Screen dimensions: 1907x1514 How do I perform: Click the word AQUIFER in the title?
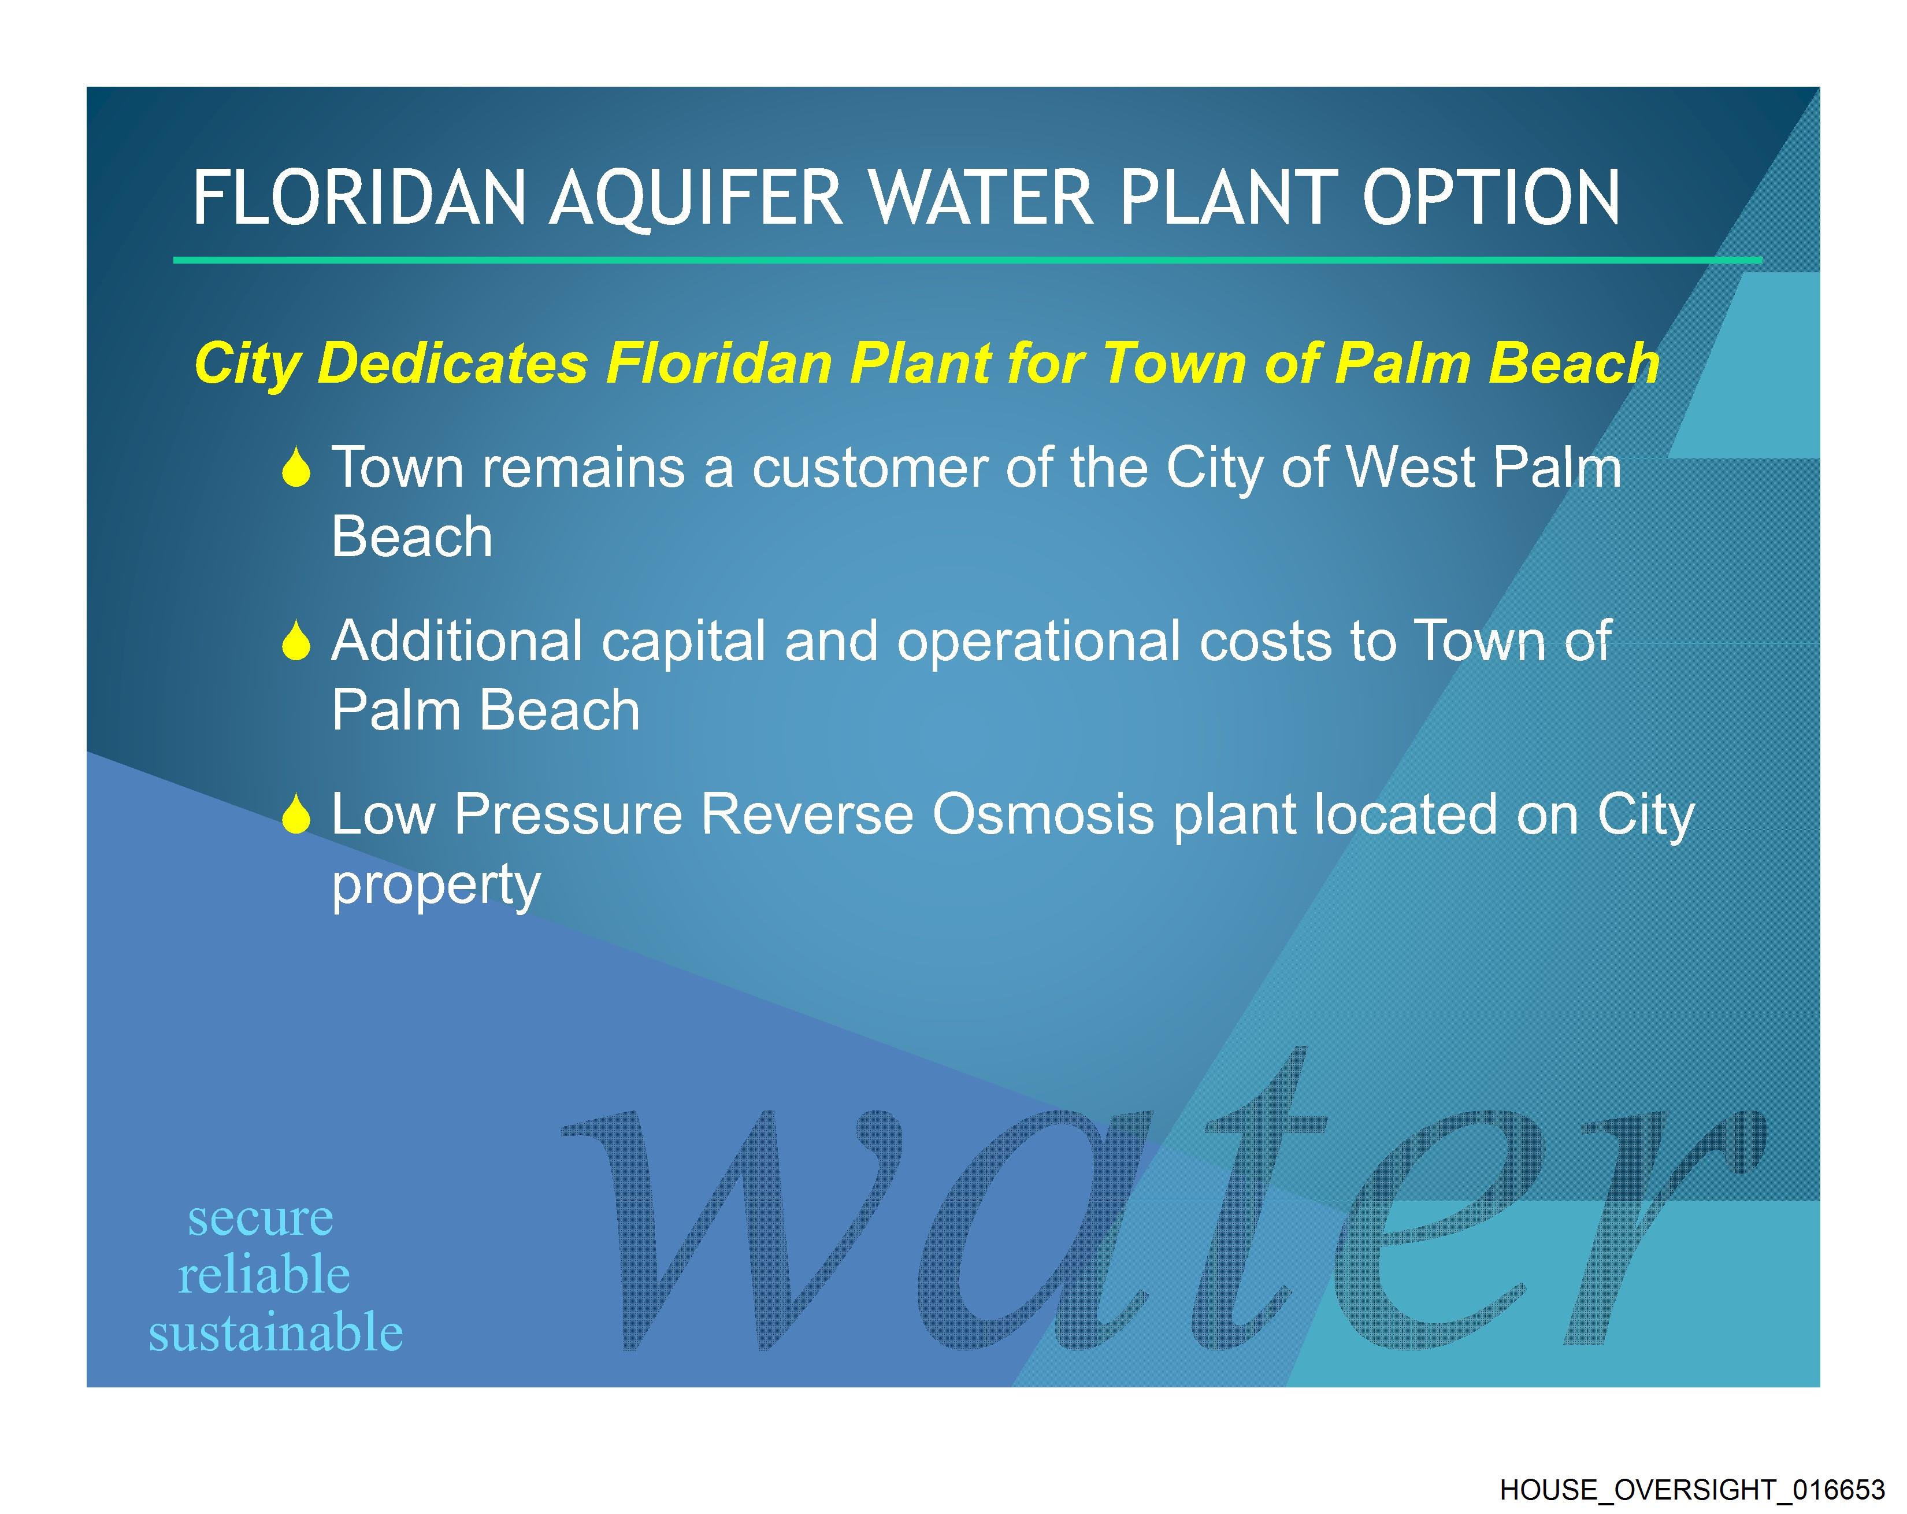click(x=696, y=198)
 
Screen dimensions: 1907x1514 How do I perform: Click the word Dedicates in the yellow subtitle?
click(x=452, y=363)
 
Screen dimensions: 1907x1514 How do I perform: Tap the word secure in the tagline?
click(x=261, y=1219)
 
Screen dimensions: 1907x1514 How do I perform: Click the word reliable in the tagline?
click(x=265, y=1275)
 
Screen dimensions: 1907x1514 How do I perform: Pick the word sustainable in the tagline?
click(x=276, y=1332)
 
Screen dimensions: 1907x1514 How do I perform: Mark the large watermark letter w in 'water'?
click(x=730, y=1230)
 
